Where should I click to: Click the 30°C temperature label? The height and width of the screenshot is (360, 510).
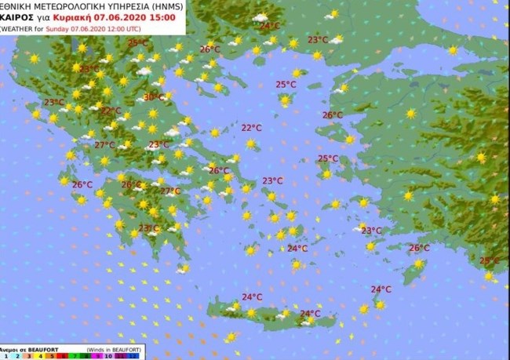[154, 97]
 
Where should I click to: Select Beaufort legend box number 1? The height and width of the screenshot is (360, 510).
[5, 355]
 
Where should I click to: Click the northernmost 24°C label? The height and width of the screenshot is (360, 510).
[270, 26]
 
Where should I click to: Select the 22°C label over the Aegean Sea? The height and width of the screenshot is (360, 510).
[251, 127]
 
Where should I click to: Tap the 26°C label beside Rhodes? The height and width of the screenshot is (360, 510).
[420, 248]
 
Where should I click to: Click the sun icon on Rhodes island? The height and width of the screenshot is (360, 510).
[418, 264]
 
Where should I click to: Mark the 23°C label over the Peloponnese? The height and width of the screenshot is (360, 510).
[149, 228]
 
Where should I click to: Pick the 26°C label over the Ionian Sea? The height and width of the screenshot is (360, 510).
[82, 185]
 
